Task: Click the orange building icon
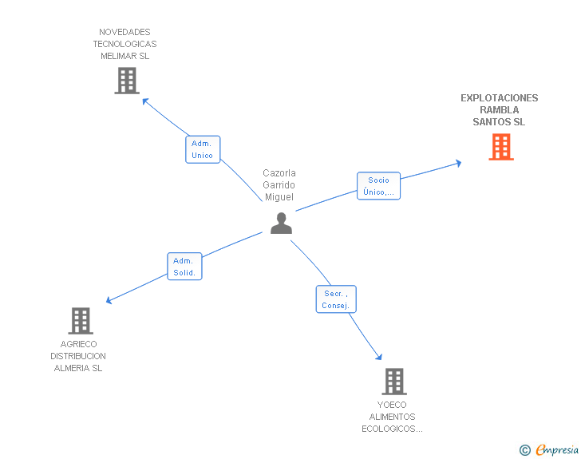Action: point(500,147)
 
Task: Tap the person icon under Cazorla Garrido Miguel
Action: point(281,224)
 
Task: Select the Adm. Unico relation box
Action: point(203,149)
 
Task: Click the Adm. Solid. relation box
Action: point(185,267)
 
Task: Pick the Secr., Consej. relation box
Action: point(336,299)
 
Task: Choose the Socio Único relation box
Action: point(378,186)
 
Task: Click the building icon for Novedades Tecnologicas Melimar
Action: point(126,81)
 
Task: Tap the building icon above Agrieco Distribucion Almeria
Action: point(80,321)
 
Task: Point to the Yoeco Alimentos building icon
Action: point(393,382)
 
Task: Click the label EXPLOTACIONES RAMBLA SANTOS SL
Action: point(499,110)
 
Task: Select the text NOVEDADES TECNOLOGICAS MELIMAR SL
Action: point(125,45)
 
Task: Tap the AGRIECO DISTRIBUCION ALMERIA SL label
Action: point(78,356)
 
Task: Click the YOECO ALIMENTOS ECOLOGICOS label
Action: point(392,417)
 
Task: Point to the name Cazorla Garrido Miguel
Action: point(279,185)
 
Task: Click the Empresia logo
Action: point(557,450)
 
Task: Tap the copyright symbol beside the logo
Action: point(524,450)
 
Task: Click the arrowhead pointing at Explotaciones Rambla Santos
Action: point(458,163)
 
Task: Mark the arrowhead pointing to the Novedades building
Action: point(145,101)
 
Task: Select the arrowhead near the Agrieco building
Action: point(109,301)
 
